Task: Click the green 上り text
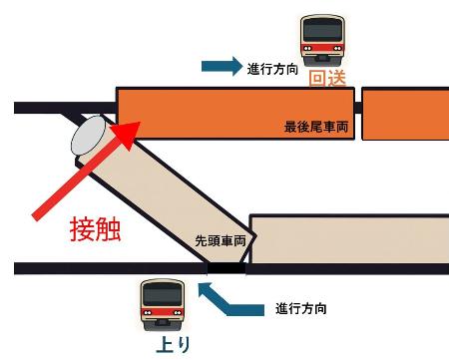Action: coord(163,345)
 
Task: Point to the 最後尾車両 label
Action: coord(315,129)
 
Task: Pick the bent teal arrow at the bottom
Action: coord(224,300)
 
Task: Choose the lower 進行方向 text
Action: coord(301,309)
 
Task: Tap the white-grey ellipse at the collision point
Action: coord(93,139)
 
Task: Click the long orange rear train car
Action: coord(234,112)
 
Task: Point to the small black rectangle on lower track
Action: coord(224,267)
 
